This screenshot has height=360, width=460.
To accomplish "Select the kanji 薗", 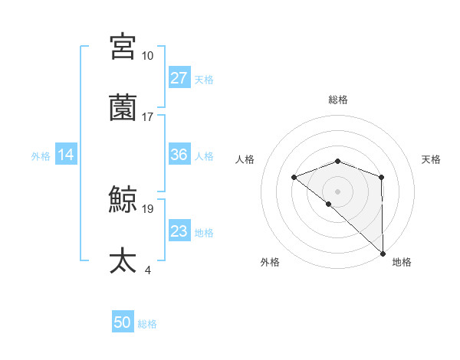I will (123, 108).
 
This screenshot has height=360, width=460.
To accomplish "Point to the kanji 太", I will (123, 261).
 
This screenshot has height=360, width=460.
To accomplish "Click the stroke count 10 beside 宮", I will (147, 56).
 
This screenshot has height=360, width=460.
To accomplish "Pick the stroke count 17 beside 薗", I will (147, 117).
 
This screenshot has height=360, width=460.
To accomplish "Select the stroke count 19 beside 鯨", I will (147, 208).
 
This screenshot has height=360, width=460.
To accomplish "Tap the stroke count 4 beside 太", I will (147, 270).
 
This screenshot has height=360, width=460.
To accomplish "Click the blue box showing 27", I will (179, 78).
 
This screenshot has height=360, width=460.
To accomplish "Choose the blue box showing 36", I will (179, 155).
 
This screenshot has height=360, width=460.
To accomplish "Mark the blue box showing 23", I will (179, 231).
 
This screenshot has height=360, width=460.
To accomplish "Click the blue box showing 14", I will (66, 155).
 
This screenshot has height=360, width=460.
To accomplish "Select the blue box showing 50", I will (123, 323).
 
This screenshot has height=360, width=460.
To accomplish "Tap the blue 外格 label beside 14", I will (41, 155).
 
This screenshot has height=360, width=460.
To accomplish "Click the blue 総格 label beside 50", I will (147, 324).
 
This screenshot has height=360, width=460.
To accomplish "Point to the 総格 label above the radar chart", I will (338, 100).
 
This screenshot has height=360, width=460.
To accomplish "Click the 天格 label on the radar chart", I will (431, 159).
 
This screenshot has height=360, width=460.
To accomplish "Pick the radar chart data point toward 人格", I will (294, 178).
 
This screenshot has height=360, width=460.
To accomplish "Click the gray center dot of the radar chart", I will (338, 191).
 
